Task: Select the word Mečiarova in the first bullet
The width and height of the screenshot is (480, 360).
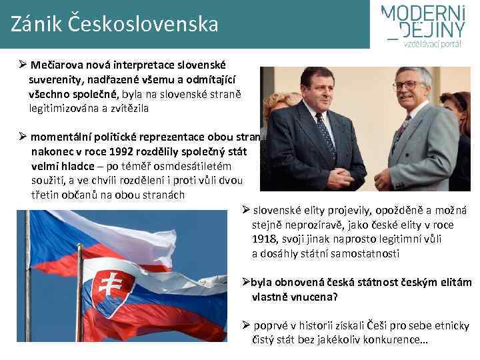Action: click(57, 66)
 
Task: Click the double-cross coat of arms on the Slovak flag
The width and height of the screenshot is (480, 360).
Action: click(108, 285)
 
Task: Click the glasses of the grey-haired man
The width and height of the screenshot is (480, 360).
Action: click(408, 85)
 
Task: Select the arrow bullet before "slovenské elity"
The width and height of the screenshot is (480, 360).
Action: click(246, 211)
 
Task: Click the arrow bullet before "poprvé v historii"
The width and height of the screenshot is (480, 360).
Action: click(246, 325)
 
